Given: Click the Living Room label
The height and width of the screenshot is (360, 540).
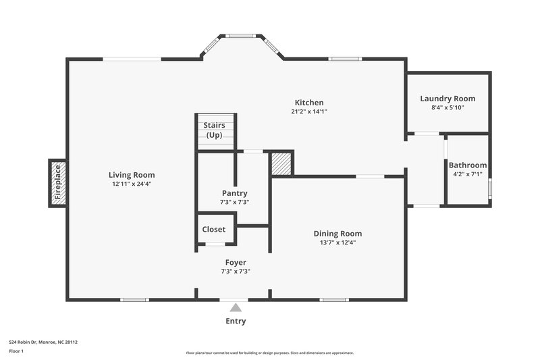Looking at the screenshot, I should pyautogui.click(x=134, y=174).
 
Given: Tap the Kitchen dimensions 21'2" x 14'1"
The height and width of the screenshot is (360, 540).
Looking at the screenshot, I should pyautogui.click(x=309, y=111).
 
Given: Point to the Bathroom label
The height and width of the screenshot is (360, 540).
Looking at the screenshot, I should pyautogui.click(x=468, y=165).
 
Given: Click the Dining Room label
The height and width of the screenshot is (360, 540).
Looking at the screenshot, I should pyautogui.click(x=342, y=234).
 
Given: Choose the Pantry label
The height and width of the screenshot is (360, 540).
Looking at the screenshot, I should pyautogui.click(x=234, y=192).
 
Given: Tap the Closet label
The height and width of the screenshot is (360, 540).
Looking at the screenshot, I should pyautogui.click(x=214, y=229).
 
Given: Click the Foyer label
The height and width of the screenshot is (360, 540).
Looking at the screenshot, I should pyautogui.click(x=236, y=262).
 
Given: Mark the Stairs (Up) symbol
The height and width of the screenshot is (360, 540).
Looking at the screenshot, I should pyautogui.click(x=215, y=130).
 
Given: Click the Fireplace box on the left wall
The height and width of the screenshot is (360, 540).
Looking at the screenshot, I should pyautogui.click(x=58, y=183).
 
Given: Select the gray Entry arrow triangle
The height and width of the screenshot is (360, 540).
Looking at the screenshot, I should pyautogui.click(x=235, y=308).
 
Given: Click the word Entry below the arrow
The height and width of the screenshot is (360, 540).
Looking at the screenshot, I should pyautogui.click(x=235, y=321).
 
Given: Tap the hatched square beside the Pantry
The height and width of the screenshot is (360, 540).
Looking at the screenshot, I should pyautogui.click(x=281, y=164).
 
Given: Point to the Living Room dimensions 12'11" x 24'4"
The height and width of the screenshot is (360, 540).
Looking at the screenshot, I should pyautogui.click(x=134, y=184).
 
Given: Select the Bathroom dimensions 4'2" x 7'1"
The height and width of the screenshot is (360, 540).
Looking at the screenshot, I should pyautogui.click(x=468, y=174).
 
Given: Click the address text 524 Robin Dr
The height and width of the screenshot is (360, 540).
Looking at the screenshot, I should pyautogui.click(x=43, y=342).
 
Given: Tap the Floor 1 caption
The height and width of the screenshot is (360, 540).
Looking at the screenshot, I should pyautogui.click(x=17, y=352).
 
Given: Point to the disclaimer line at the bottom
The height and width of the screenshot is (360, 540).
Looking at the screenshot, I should pyautogui.click(x=269, y=353).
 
